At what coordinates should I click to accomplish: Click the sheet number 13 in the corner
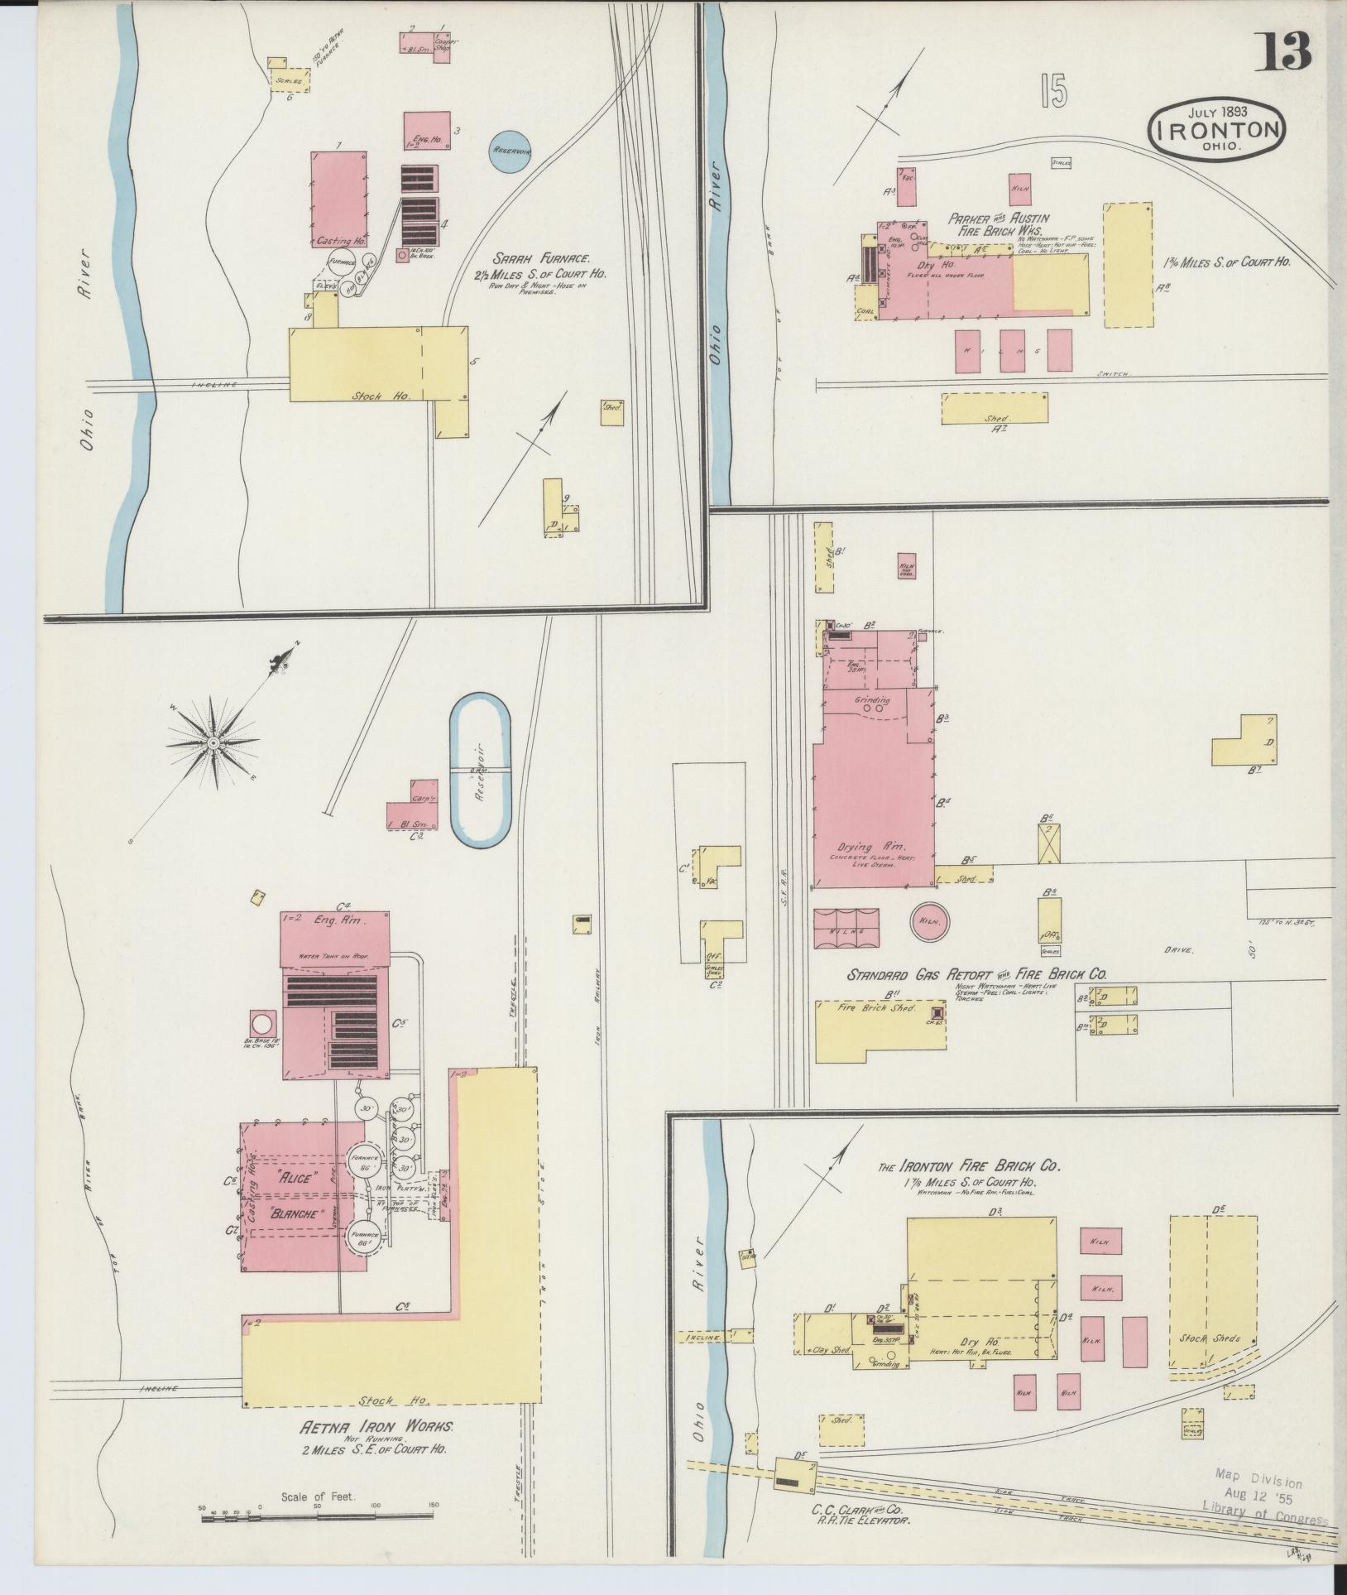point(1286,52)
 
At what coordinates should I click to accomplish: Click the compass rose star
point(213,742)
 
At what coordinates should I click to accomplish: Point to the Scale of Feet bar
point(318,1516)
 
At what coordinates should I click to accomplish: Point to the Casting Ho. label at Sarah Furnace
point(341,241)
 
